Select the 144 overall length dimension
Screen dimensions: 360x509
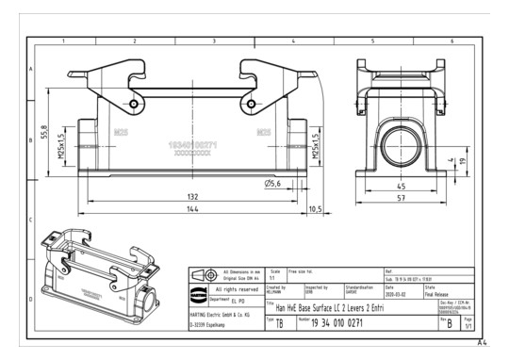[x=192, y=207]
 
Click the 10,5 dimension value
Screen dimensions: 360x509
[x=315, y=208]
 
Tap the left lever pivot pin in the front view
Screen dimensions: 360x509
[x=134, y=104]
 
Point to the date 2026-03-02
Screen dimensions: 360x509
[x=396, y=292]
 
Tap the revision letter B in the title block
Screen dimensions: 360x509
[x=450, y=322]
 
